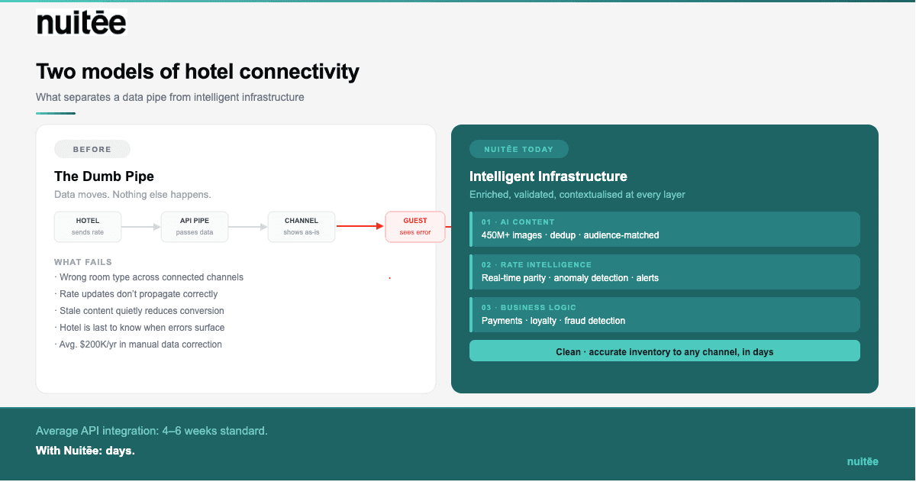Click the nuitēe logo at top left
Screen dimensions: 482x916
pos(81,23)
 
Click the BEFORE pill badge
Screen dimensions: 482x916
pos(92,150)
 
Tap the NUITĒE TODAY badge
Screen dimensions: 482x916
pos(518,150)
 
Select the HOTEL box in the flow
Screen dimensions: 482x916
pos(88,227)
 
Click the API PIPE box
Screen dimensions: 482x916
pos(195,227)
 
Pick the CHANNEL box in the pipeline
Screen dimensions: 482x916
pos(302,227)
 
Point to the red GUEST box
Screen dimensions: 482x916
pos(415,227)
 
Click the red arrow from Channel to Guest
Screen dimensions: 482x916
pos(360,226)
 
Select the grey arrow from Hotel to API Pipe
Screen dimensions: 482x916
pos(141,227)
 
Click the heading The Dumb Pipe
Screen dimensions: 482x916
pos(104,176)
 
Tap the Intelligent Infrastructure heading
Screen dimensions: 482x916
pos(548,176)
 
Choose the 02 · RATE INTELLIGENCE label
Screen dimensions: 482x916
pos(536,264)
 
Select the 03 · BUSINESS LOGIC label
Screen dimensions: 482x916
pos(528,307)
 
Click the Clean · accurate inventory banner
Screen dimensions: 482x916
pos(664,351)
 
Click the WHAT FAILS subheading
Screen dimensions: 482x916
pos(83,262)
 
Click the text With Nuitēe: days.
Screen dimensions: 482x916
pos(85,451)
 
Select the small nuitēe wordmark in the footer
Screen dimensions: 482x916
pos(863,461)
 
